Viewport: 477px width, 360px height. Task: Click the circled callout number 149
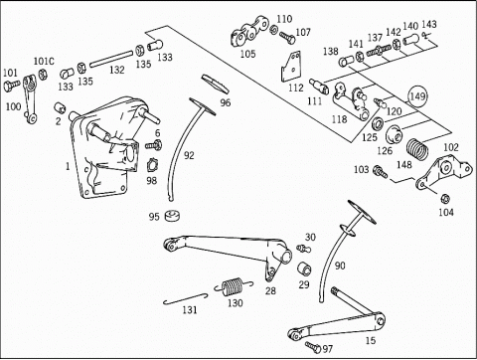coord(417,96)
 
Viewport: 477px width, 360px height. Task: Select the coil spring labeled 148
coord(417,149)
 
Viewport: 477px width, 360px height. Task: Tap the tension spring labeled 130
coord(233,286)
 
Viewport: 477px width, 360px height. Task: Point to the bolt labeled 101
coord(12,86)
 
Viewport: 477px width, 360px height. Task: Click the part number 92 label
coord(189,155)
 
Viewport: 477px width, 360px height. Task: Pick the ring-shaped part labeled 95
coord(172,216)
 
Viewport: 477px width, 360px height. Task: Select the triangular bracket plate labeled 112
coord(291,67)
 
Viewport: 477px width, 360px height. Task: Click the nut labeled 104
coord(445,199)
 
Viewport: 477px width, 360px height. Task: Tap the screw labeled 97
coord(313,347)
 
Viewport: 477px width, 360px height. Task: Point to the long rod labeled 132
coord(112,58)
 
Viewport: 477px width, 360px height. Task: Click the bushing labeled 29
coord(304,269)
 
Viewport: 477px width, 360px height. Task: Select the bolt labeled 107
coord(287,37)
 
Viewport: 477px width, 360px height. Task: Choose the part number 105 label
coord(248,54)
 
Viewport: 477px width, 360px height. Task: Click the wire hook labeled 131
coord(186,298)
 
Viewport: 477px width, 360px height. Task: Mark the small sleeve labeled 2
coord(60,107)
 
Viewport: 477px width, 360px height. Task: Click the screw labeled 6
coord(153,144)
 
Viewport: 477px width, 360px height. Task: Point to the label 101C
coord(44,62)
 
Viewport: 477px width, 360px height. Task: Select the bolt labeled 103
coord(381,171)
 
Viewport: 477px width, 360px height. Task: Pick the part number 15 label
coord(371,340)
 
